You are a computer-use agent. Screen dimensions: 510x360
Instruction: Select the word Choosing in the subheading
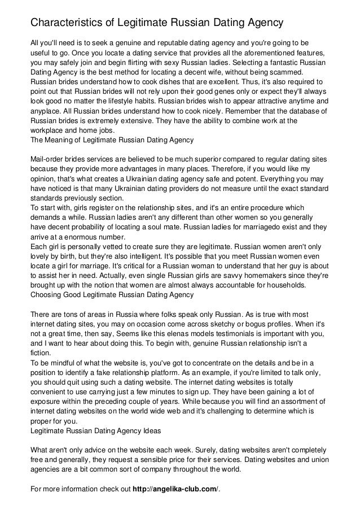point(45,294)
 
